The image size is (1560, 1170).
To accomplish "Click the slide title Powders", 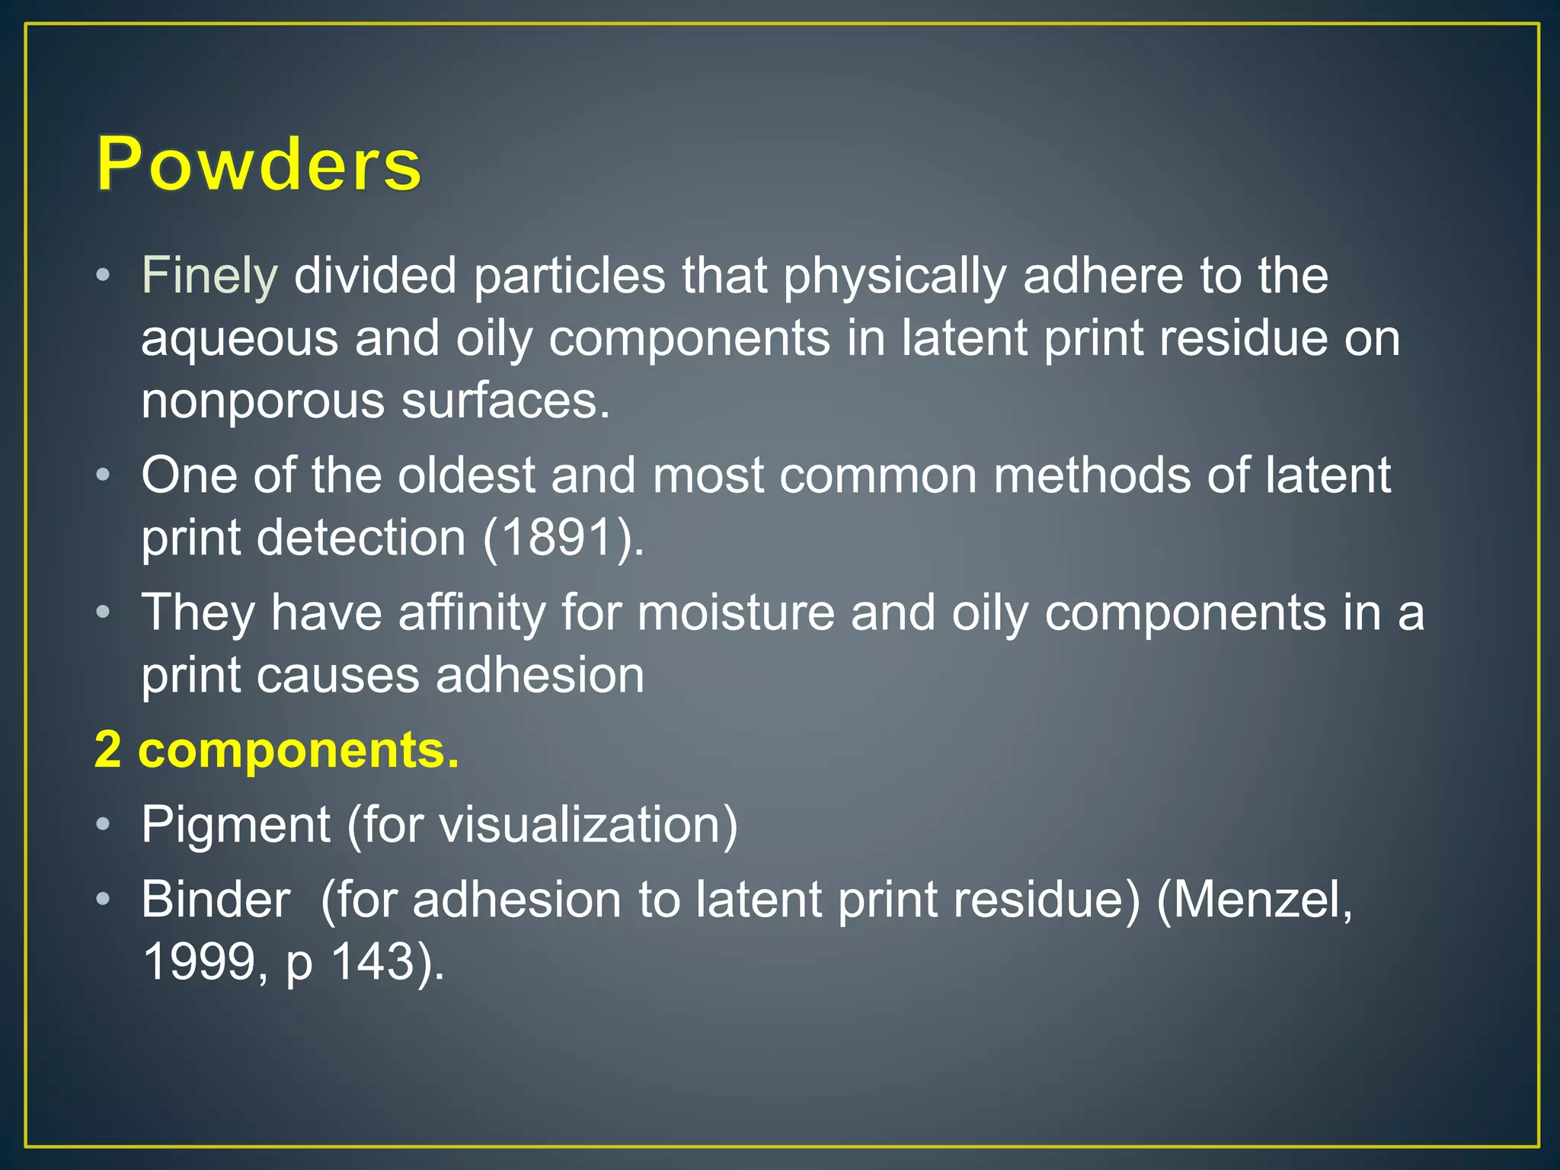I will (x=258, y=164).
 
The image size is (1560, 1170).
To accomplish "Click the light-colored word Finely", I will (x=209, y=275).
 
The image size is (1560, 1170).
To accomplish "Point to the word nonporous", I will (x=263, y=401).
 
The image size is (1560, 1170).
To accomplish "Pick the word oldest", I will (x=466, y=475).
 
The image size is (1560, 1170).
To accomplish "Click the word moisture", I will (x=736, y=612).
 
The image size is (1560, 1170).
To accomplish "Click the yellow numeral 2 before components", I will (x=108, y=750).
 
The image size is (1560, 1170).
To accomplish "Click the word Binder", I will (x=216, y=900).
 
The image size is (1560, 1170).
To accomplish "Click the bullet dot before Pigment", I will (x=104, y=824).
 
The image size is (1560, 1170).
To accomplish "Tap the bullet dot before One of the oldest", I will (x=104, y=475).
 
